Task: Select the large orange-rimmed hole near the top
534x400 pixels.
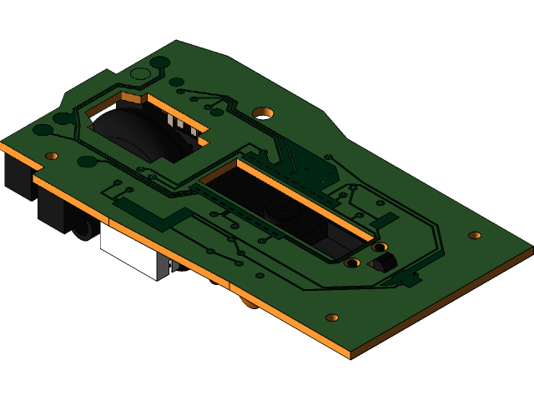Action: [x=263, y=112]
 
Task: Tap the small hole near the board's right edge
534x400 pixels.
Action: [x=475, y=235]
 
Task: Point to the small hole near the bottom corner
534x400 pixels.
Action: [x=332, y=317]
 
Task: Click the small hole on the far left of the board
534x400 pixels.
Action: [x=52, y=156]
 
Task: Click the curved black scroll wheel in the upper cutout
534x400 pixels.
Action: [x=133, y=133]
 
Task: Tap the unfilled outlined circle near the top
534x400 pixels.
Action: [x=141, y=74]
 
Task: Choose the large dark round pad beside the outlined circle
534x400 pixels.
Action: [x=160, y=62]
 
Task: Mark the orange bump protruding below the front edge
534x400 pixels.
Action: [x=249, y=302]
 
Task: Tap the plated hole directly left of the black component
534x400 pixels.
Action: [x=352, y=263]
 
